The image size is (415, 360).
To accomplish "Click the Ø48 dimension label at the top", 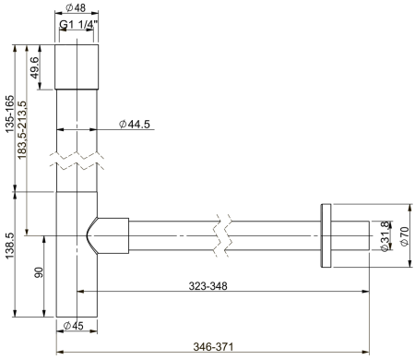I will click(x=76, y=9).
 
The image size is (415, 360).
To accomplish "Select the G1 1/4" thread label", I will click(x=77, y=26).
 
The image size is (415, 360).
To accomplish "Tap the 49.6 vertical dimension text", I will click(x=34, y=67).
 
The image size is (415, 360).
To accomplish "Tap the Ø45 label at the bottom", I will click(x=75, y=326).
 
